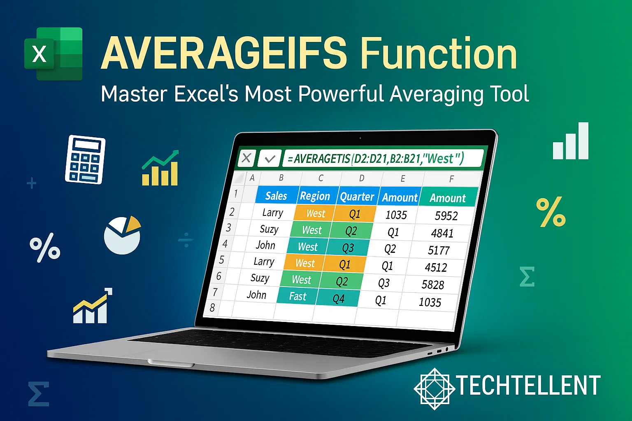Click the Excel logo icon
coord(53,53)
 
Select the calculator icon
coord(85,160)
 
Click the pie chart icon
coord(122,235)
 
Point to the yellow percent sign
coord(551,212)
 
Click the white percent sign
coord(45,248)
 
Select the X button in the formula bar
coord(246,158)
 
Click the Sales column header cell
coord(276,196)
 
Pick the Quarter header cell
coord(357,197)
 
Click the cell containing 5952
coord(446,216)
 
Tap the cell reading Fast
coord(297,296)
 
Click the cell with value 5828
coord(433,285)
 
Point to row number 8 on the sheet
coord(212,308)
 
